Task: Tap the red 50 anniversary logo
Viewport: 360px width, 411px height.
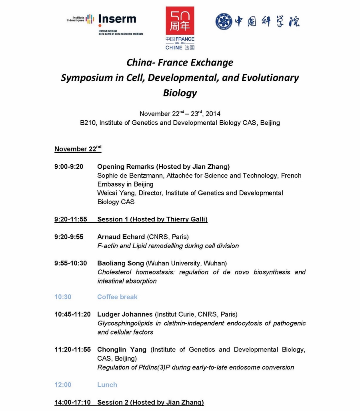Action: pyautogui.click(x=180, y=21)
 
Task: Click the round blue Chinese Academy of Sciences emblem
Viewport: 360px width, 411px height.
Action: pyautogui.click(x=224, y=22)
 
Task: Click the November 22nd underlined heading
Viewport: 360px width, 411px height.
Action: pyautogui.click(x=78, y=149)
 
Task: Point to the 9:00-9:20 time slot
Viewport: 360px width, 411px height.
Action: pyautogui.click(x=69, y=167)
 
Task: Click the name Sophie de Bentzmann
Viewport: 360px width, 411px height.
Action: pyautogui.click(x=128, y=176)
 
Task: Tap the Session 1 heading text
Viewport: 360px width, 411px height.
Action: pyautogui.click(x=152, y=219)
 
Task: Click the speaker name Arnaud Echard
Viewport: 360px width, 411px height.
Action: pyautogui.click(x=121, y=237)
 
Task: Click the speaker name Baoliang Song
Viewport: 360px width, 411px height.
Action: pyautogui.click(x=120, y=263)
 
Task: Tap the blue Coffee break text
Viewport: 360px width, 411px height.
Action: pyautogui.click(x=117, y=297)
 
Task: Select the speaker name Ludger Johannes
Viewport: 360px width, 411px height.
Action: pyautogui.click(x=125, y=314)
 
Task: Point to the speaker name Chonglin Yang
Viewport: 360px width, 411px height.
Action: pyautogui.click(x=122, y=350)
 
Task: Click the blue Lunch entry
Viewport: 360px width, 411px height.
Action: pyautogui.click(x=107, y=385)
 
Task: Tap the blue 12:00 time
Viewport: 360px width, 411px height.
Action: pyautogui.click(x=63, y=385)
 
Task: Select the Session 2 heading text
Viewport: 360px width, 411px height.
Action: pyautogui.click(x=150, y=403)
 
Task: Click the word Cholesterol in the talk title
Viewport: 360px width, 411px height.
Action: pyautogui.click(x=114, y=272)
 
